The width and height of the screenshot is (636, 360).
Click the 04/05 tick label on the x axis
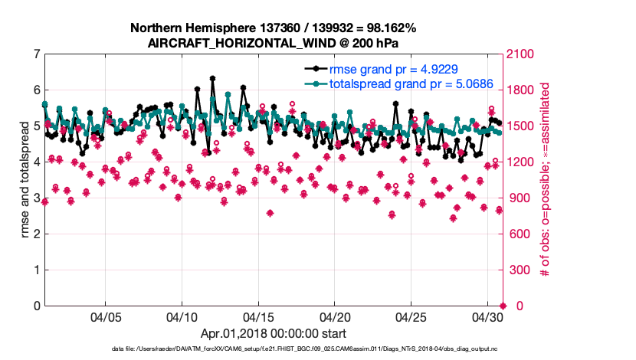click(106, 317)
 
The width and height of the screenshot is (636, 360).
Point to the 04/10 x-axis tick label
click(182, 317)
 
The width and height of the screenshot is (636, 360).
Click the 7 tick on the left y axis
click(36, 54)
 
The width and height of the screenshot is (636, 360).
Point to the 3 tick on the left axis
click(36, 198)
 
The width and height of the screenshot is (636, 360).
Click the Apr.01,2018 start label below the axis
click(273, 334)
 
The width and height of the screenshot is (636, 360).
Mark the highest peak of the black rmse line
click(212, 78)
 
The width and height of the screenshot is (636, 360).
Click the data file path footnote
click(304, 349)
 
